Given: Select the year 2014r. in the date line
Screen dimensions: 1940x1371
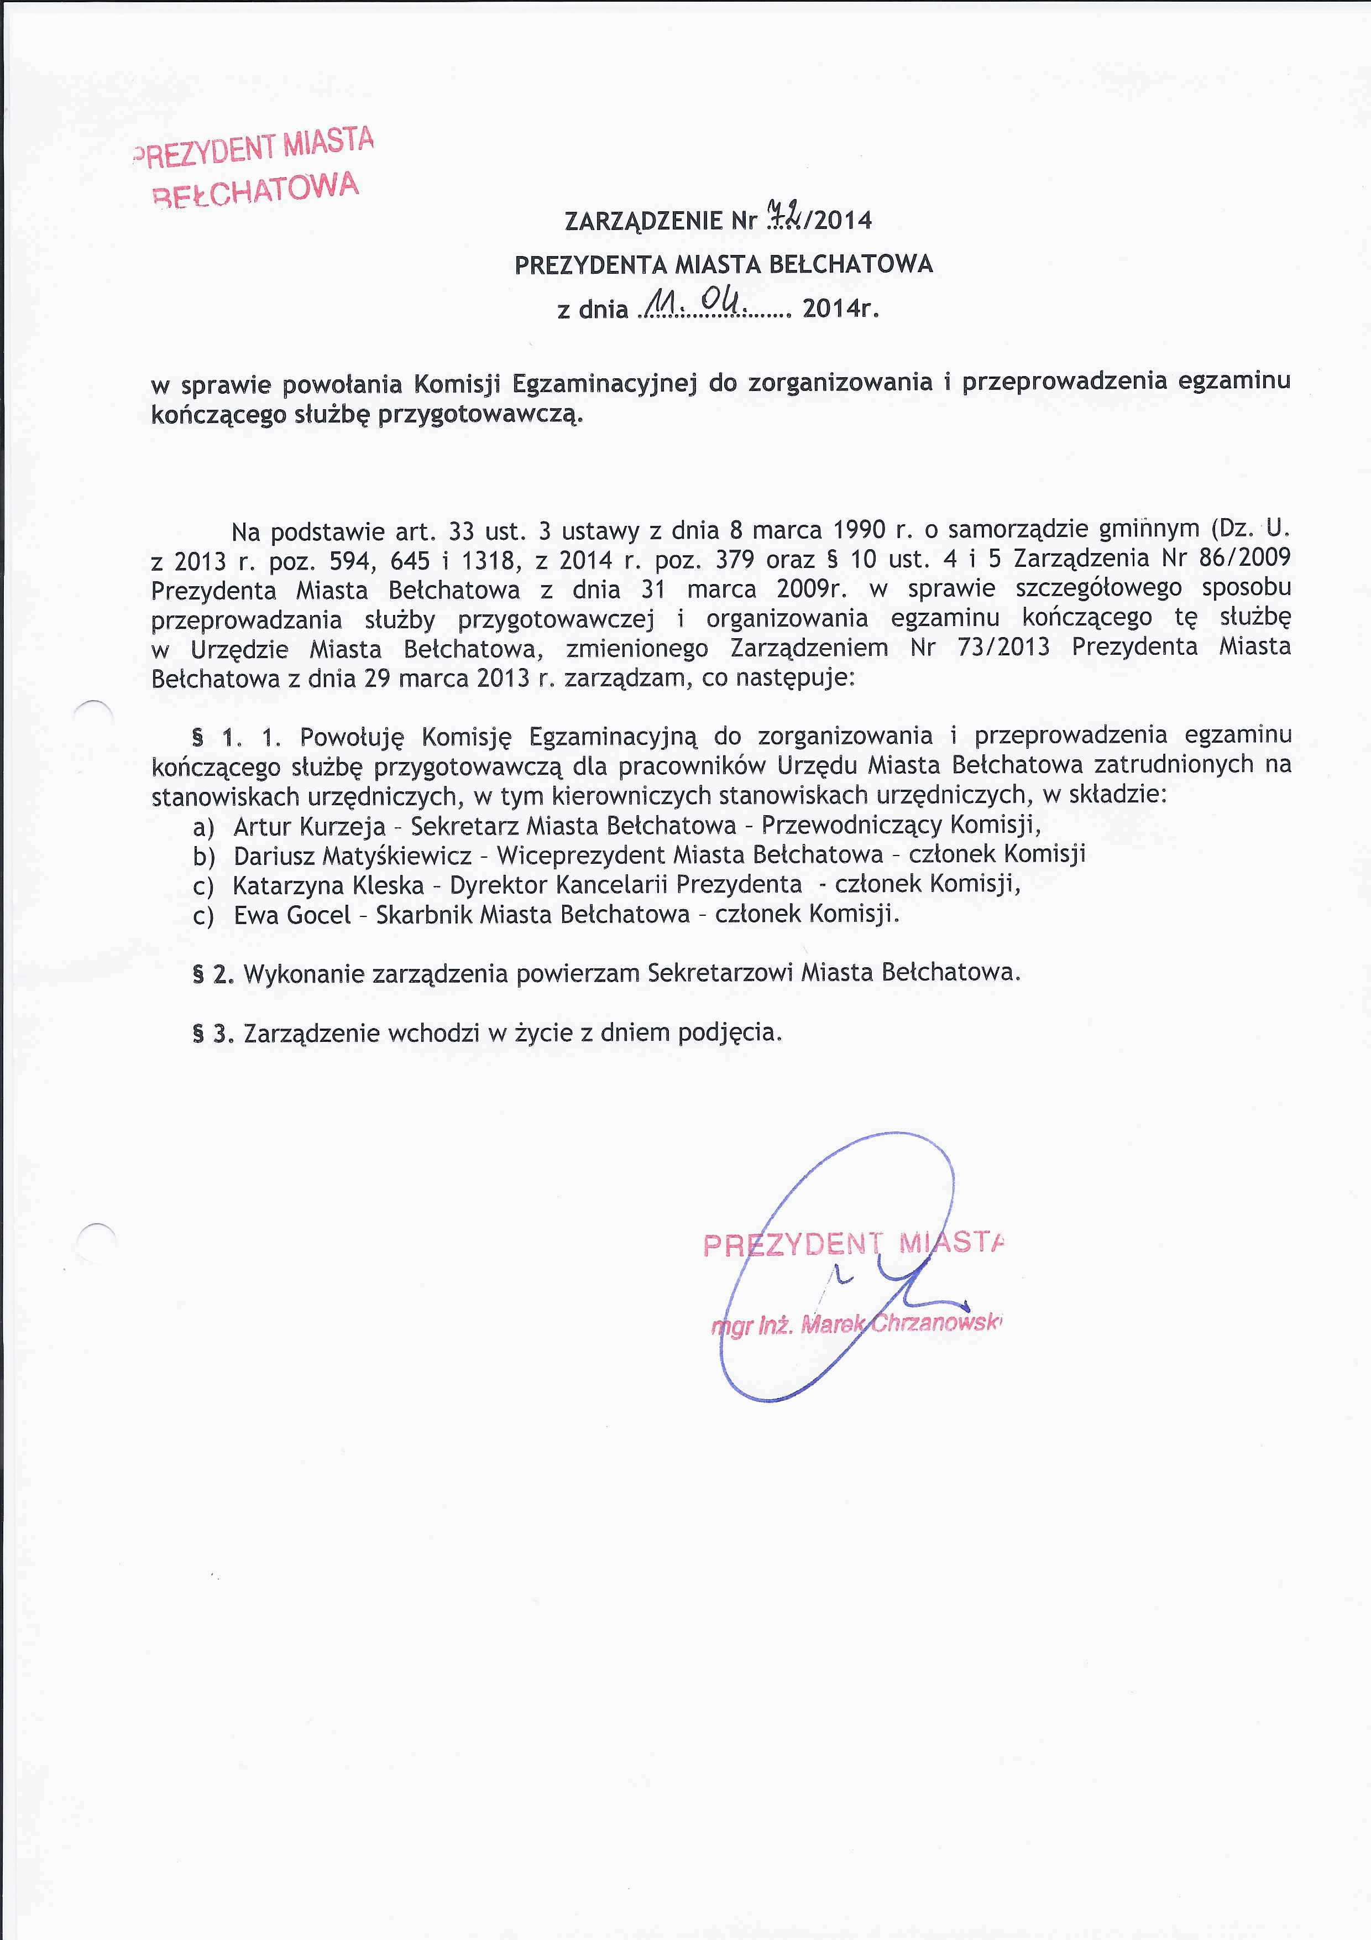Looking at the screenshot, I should (840, 309).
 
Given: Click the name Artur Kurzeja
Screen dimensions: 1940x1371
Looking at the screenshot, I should (309, 826).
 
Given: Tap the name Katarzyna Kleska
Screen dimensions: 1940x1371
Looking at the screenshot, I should (328, 885).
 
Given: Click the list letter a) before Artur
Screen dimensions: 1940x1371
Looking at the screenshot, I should (203, 827).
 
